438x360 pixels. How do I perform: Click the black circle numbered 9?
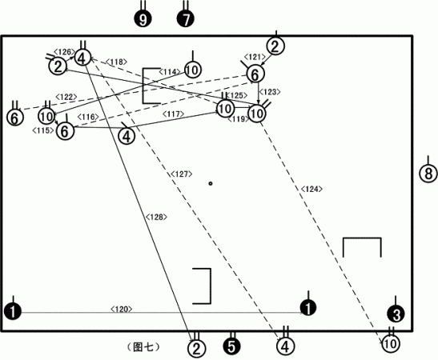[x=143, y=19]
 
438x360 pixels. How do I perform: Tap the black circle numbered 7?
[x=186, y=18]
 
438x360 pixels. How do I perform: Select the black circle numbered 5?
[x=232, y=346]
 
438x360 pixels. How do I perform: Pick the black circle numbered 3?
[x=396, y=314]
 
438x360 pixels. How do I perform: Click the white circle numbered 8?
[x=428, y=174]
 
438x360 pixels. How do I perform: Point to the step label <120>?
[x=121, y=309]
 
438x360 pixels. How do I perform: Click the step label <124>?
[x=311, y=189]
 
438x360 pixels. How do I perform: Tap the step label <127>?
[x=182, y=174]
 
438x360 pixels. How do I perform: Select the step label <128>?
[x=156, y=217]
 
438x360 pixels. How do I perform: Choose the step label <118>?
[x=116, y=62]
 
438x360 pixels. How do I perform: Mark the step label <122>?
[x=66, y=97]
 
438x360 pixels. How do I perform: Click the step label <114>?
[x=170, y=72]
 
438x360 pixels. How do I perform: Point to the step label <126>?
[x=64, y=52]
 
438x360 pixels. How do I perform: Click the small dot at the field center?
[x=211, y=183]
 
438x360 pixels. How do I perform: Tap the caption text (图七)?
[x=144, y=347]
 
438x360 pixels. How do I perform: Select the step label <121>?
[x=255, y=57]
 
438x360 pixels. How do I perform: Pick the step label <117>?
[x=174, y=114]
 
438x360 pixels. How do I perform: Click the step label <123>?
[x=270, y=92]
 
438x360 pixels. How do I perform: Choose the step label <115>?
[x=43, y=130]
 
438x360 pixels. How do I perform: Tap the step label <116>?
[x=88, y=117]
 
